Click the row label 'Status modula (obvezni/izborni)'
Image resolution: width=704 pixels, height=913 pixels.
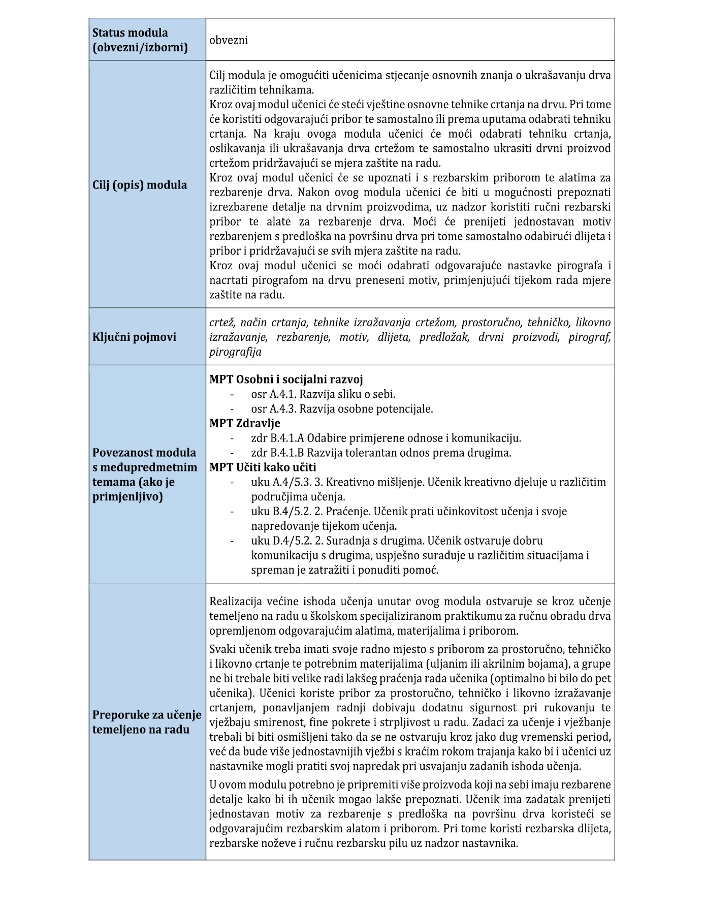click(140, 40)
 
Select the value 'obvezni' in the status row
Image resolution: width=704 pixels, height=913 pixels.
click(229, 40)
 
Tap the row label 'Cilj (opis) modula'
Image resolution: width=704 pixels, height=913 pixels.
click(140, 185)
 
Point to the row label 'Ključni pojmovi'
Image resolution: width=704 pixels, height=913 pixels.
click(135, 337)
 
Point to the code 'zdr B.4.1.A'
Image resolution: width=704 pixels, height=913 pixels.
click(277, 438)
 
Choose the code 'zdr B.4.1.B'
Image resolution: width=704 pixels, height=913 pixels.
click(277, 453)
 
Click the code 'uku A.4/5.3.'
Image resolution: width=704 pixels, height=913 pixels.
click(281, 482)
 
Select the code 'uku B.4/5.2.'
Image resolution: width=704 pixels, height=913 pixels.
click(281, 512)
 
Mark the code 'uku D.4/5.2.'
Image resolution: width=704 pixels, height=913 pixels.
click(281, 541)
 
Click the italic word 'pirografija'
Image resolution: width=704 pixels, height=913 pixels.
click(235, 352)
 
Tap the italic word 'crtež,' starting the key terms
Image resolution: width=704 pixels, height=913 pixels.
click(222, 322)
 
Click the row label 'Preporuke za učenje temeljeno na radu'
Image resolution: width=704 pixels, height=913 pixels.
click(147, 722)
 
